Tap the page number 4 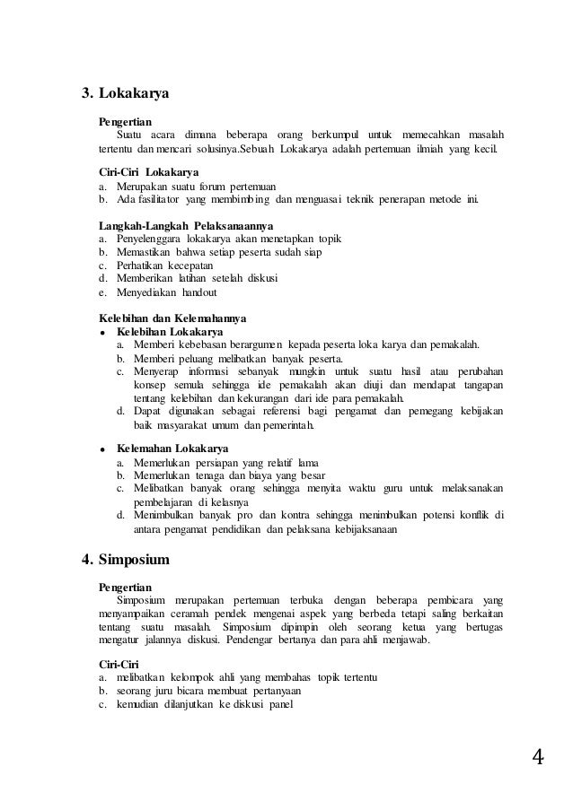tap(537, 759)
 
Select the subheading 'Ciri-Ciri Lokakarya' tap(148, 171)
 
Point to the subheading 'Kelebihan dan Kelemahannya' tap(172, 318)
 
